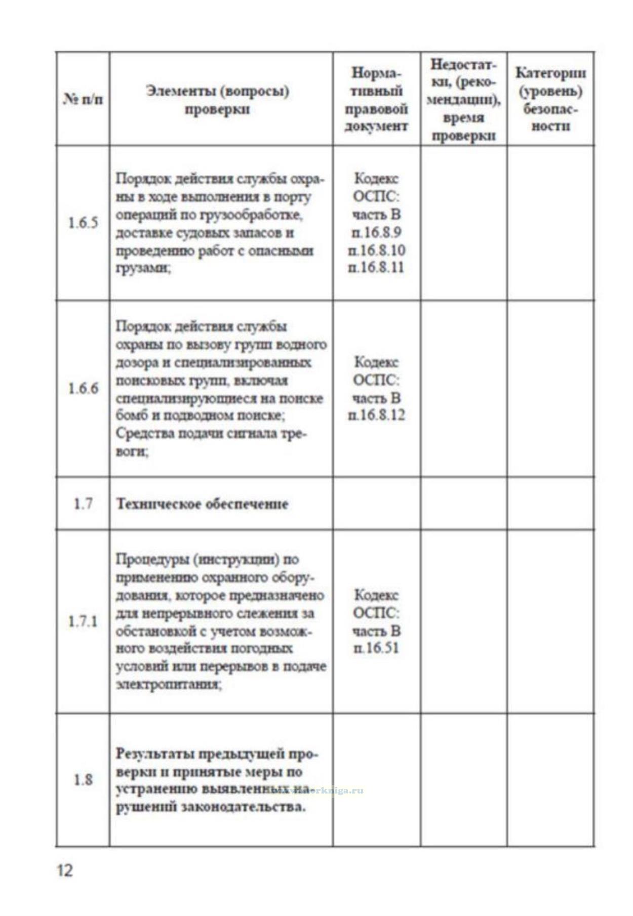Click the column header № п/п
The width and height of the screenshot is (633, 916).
click(x=83, y=99)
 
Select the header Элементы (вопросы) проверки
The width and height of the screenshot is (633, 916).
click(x=217, y=100)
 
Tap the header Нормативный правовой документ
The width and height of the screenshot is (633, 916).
click(x=376, y=99)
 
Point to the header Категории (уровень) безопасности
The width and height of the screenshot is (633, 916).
click(x=550, y=99)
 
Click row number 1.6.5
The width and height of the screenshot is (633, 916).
click(x=83, y=223)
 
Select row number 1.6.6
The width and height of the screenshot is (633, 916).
click(x=83, y=389)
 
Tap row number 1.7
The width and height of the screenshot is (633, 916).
click(x=83, y=504)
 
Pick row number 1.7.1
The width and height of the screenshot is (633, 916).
click(x=83, y=621)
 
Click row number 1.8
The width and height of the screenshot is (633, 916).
click(x=83, y=779)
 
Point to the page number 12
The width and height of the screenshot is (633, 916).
click(x=65, y=870)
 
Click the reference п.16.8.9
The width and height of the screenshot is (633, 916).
click(x=376, y=232)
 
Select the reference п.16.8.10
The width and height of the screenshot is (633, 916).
click(x=376, y=250)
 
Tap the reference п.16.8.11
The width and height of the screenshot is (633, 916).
click(x=376, y=267)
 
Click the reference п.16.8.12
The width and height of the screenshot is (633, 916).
click(x=376, y=415)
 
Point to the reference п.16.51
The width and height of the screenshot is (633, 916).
click(x=376, y=648)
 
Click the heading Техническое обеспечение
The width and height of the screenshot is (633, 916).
click(x=203, y=504)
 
